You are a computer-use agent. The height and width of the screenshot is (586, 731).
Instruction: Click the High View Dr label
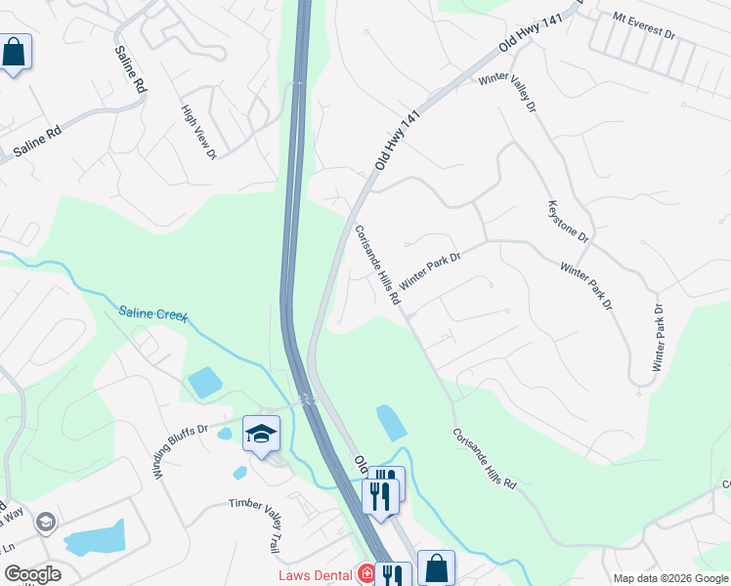click(198, 132)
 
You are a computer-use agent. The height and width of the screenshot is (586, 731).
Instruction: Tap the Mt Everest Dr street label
click(644, 25)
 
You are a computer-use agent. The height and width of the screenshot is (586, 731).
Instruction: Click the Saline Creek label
click(152, 315)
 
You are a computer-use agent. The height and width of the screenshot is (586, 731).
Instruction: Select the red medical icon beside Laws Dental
click(366, 573)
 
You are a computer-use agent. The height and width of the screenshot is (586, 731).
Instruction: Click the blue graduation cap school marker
click(261, 433)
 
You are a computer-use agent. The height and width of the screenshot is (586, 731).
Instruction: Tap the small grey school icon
click(45, 523)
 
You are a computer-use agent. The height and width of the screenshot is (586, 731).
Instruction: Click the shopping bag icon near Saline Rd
click(15, 52)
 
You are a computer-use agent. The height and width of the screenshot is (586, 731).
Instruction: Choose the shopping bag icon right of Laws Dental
click(436, 567)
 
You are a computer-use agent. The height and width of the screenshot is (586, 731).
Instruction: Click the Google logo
click(31, 574)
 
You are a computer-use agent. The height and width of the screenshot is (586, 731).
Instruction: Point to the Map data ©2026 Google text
click(670, 578)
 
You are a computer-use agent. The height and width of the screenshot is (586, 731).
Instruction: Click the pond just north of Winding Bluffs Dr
click(204, 382)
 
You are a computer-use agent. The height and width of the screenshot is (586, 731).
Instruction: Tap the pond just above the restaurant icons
click(391, 423)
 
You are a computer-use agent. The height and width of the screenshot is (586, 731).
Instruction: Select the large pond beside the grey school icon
click(95, 538)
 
